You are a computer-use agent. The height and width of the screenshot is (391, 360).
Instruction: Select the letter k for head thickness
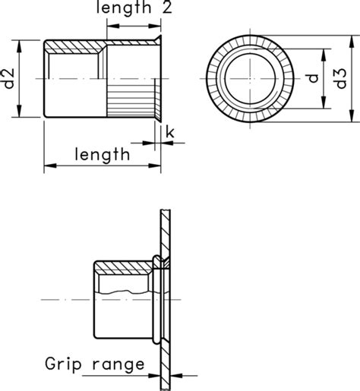click(x=169, y=134)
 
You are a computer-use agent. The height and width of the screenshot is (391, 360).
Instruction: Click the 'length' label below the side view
click(x=102, y=155)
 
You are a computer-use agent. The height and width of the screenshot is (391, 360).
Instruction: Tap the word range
click(x=118, y=366)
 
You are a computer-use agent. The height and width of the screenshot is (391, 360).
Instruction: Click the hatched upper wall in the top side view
click(x=76, y=48)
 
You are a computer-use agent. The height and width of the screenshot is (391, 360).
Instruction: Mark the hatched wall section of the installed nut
click(x=122, y=267)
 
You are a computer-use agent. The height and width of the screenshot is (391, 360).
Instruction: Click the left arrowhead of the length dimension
click(x=49, y=165)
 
